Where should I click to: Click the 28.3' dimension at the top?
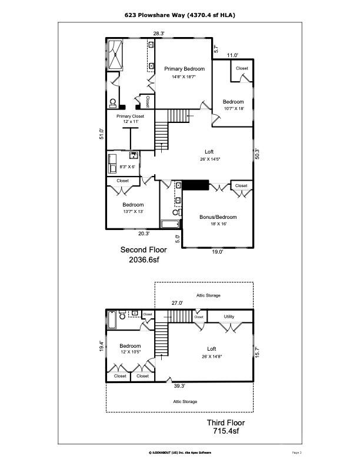[159, 34]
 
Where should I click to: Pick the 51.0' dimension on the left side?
[101, 134]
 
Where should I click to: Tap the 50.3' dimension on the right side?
[256, 152]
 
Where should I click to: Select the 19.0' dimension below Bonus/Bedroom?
[217, 252]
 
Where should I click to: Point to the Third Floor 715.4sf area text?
[225, 427]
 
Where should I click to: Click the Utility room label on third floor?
[229, 317]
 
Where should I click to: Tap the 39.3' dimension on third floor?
[179, 386]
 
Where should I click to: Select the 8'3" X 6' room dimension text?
[127, 167]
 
